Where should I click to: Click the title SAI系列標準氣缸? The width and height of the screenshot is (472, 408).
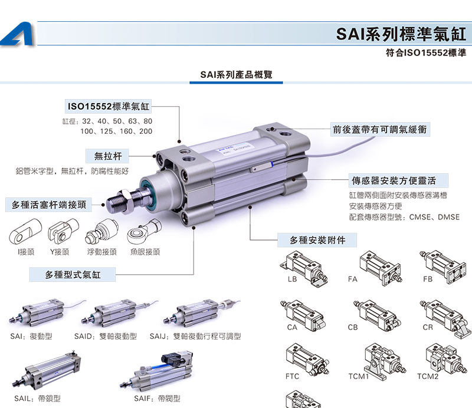click(x=401, y=33)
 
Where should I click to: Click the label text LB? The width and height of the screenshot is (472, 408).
click(x=293, y=279)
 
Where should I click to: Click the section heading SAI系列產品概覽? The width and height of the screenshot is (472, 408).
click(x=232, y=75)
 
